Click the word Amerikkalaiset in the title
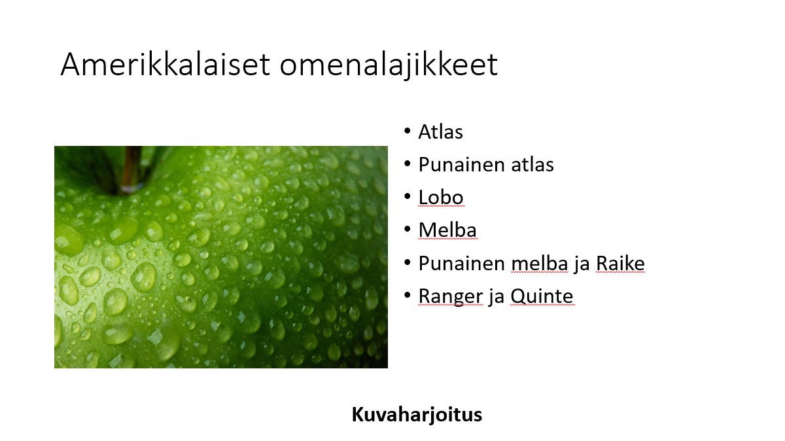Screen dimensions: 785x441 166,64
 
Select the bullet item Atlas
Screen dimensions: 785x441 440,132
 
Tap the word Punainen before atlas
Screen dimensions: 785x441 462,164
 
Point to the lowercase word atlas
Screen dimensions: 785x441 532,164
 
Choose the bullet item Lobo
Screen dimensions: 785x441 441,198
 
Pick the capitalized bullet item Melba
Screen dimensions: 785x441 447,230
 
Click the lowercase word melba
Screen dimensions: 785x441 539,263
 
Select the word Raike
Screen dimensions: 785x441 620,263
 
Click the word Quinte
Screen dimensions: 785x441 542,297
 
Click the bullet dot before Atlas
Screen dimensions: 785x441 407,131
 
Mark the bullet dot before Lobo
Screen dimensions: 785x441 407,197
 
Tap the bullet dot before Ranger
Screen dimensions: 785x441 407,296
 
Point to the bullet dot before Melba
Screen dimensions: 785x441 407,230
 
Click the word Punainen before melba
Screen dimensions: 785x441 462,263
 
